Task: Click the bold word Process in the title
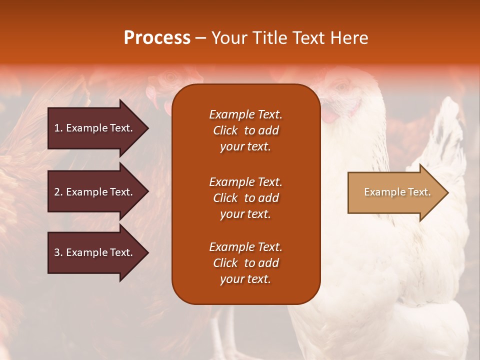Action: (x=157, y=38)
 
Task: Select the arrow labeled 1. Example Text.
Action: (x=95, y=128)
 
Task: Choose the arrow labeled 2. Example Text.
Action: (x=95, y=192)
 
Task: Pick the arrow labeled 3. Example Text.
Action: (x=95, y=252)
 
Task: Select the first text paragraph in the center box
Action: (x=245, y=130)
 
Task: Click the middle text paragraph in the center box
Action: (x=245, y=198)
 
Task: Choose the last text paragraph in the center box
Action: (x=245, y=263)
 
